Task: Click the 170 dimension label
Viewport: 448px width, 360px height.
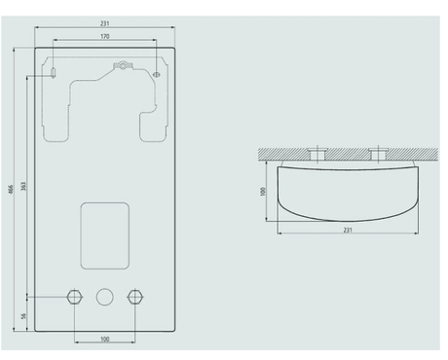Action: click(x=104, y=36)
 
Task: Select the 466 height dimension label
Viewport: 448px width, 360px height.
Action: click(x=11, y=190)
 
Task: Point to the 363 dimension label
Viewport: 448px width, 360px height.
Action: click(x=23, y=186)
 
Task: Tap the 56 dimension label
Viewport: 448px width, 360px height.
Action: click(x=23, y=316)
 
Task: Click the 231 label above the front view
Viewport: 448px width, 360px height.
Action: click(x=104, y=23)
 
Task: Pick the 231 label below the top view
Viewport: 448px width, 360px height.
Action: click(x=348, y=230)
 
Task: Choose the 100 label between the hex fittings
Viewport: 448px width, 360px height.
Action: click(x=104, y=340)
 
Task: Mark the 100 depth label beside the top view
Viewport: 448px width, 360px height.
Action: click(x=263, y=192)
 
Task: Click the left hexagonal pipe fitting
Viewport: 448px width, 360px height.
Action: click(x=75, y=297)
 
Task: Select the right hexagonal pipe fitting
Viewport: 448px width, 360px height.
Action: click(x=135, y=297)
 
